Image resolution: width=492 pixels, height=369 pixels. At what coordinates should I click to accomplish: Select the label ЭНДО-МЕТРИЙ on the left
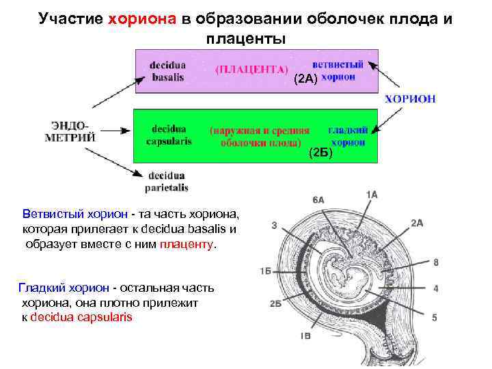pyautogui.click(x=70, y=131)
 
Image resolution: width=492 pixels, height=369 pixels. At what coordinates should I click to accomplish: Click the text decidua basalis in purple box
pyautogui.click(x=167, y=71)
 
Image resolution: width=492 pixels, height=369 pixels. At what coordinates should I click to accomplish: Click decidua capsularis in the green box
pyautogui.click(x=169, y=135)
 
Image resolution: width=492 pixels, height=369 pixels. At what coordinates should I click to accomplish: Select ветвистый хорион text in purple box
pyautogui.click(x=338, y=70)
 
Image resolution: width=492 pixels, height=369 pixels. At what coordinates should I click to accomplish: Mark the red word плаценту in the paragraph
pyautogui.click(x=187, y=244)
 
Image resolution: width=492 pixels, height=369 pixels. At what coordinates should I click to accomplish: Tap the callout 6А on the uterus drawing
pyautogui.click(x=318, y=200)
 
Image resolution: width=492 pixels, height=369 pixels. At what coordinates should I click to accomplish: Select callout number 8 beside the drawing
pyautogui.click(x=435, y=262)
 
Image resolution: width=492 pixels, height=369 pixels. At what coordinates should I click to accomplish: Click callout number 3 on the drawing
pyautogui.click(x=273, y=225)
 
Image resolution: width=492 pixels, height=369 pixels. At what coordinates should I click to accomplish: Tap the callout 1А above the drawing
pyautogui.click(x=372, y=194)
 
